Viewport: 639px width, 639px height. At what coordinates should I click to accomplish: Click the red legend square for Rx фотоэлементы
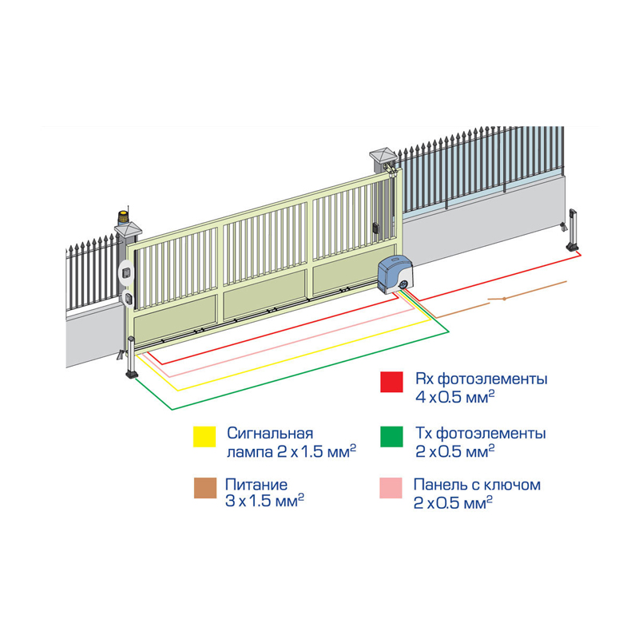(x=391, y=382)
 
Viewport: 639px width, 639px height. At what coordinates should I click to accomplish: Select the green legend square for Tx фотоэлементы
(x=391, y=438)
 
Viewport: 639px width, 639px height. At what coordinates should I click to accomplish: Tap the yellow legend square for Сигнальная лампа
(x=204, y=438)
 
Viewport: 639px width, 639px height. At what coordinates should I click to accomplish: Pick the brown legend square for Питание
(x=204, y=489)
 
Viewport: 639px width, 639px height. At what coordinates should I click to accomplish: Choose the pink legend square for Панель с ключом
(x=391, y=489)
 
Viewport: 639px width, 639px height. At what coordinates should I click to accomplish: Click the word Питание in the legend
(x=256, y=484)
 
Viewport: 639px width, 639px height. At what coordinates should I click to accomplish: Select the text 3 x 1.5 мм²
(x=264, y=501)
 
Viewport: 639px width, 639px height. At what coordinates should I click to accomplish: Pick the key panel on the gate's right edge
(x=374, y=228)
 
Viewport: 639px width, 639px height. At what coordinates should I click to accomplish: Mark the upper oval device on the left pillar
(x=125, y=272)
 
